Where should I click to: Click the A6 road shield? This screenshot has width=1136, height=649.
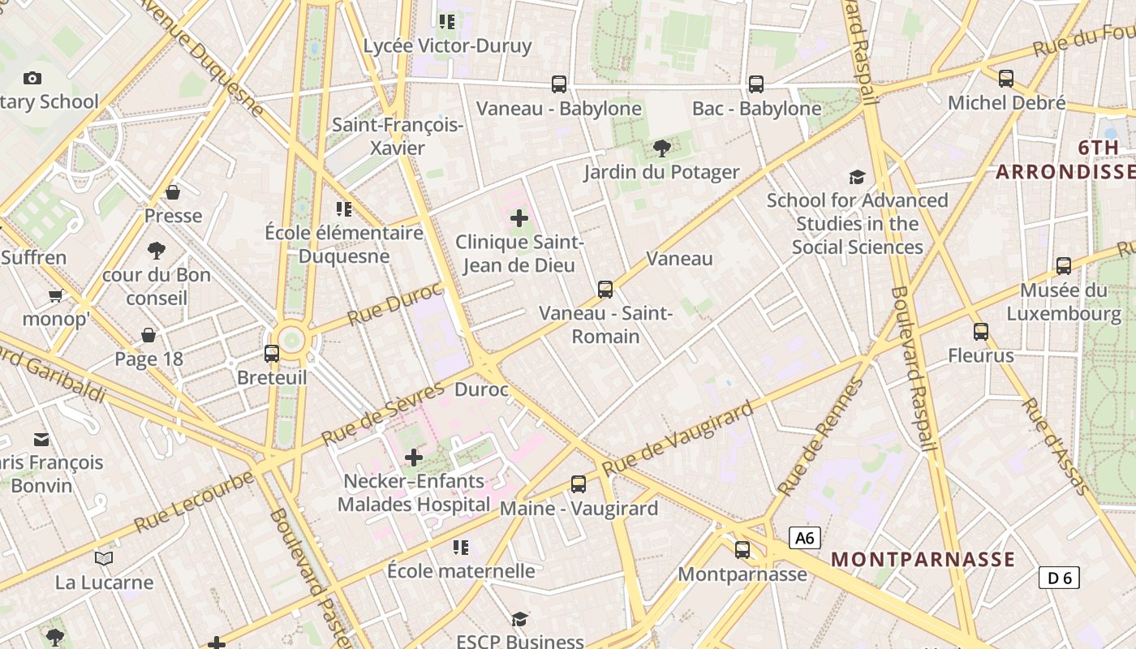[804, 538]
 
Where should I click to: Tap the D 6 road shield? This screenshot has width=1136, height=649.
[1059, 578]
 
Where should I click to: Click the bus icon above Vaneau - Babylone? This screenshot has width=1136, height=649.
[559, 84]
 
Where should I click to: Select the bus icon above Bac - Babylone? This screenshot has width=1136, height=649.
[756, 84]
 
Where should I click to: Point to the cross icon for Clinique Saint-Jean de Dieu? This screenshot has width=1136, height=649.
[519, 218]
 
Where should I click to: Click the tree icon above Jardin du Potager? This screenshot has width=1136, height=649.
[662, 148]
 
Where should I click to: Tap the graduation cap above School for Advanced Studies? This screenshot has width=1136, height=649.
[857, 177]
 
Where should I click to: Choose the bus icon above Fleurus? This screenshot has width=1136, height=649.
[981, 331]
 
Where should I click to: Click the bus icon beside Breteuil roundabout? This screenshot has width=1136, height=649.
[272, 354]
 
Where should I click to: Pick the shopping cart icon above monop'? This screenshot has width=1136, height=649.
[56, 295]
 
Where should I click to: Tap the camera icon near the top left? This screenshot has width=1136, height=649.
[32, 78]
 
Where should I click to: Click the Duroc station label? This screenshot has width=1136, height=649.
[481, 390]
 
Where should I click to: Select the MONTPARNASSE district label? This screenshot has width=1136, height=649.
[923, 559]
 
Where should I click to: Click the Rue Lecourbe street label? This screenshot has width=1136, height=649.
[194, 501]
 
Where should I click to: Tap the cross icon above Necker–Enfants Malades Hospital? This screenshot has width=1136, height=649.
[414, 458]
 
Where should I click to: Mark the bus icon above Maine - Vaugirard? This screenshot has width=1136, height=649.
[579, 484]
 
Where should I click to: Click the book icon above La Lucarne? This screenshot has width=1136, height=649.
[104, 558]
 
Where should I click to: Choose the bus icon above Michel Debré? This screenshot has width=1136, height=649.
[1006, 79]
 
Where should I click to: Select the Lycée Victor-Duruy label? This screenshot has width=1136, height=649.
[447, 45]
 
